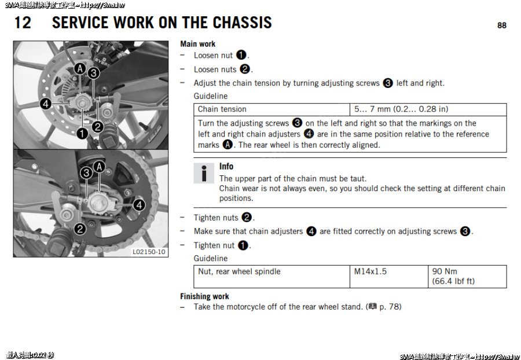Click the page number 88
[501, 25]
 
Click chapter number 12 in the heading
[23, 23]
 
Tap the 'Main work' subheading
[197, 44]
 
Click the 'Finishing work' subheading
[204, 296]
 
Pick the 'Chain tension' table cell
[222, 109]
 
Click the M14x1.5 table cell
[370, 271]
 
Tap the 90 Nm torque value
[445, 271]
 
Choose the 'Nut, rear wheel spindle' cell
[239, 271]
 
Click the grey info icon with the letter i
[203, 174]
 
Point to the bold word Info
[226, 167]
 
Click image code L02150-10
[149, 252]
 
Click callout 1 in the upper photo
[82, 134]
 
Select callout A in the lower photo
[99, 167]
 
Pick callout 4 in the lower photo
[139, 205]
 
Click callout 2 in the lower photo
[80, 229]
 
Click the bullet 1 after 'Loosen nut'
[241, 56]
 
